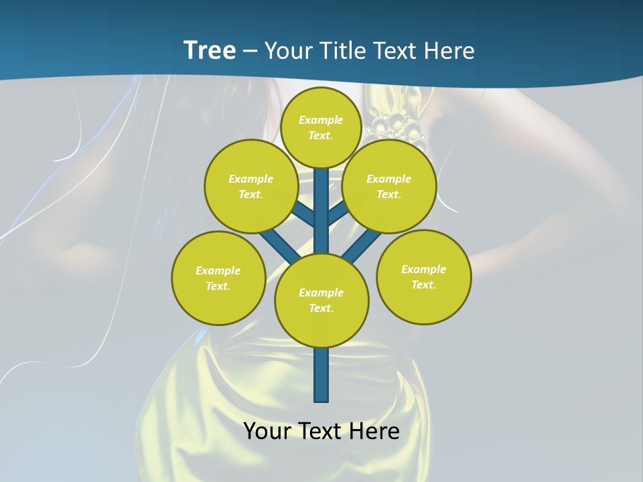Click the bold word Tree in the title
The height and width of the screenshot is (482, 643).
pos(210,50)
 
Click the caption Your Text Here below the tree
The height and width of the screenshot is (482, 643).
pos(321,431)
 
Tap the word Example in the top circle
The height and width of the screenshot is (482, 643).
pos(321,120)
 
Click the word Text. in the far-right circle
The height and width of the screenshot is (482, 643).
pos(423,285)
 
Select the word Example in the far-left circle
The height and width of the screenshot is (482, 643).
pos(218,270)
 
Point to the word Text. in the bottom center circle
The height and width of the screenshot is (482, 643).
pos(321,308)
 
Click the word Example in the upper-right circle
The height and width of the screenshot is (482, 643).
pos(388,179)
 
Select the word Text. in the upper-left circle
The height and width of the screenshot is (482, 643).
pos(251,194)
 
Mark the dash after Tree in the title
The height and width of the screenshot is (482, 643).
pos(250,50)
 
